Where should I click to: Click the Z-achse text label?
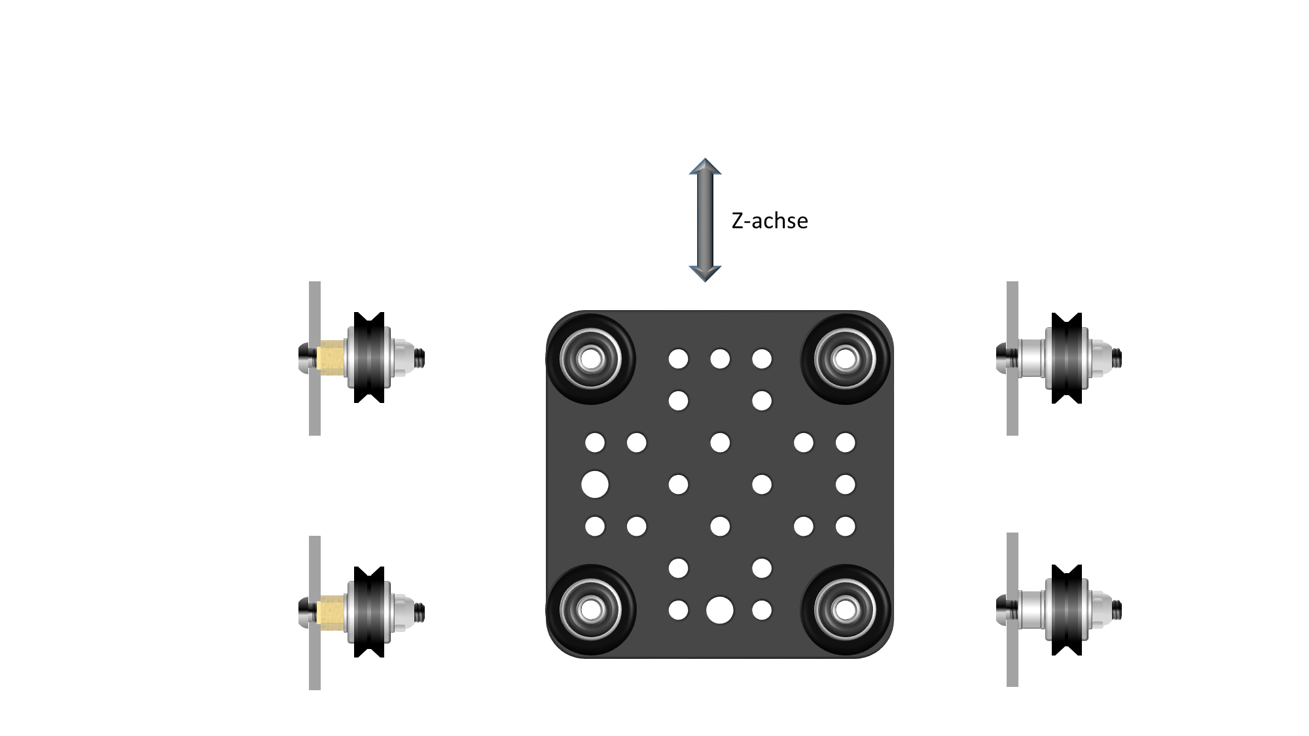click(770, 221)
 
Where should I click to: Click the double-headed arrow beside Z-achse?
click(705, 220)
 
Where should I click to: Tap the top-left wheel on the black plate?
click(590, 359)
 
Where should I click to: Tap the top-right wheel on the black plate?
click(846, 359)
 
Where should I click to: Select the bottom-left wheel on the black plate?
click(590, 610)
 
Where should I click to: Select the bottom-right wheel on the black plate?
click(846, 610)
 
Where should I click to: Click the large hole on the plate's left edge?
click(595, 485)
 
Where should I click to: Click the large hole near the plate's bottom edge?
click(720, 610)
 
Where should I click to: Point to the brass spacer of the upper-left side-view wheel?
click(331, 358)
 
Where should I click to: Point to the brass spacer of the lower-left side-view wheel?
click(331, 612)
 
